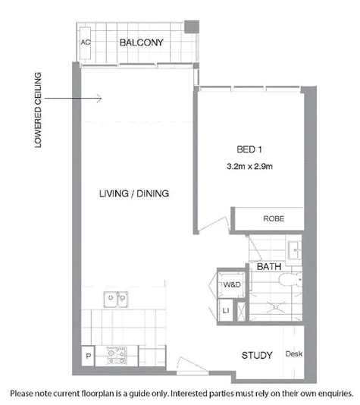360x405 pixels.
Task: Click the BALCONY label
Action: point(142,42)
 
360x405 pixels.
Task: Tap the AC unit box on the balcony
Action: point(86,42)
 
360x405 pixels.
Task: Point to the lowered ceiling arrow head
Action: point(99,97)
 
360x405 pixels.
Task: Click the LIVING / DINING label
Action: point(133,193)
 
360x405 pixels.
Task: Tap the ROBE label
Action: point(273,218)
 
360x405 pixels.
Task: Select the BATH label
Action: point(268,267)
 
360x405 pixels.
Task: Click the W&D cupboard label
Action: point(231,284)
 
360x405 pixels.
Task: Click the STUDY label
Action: point(257,355)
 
